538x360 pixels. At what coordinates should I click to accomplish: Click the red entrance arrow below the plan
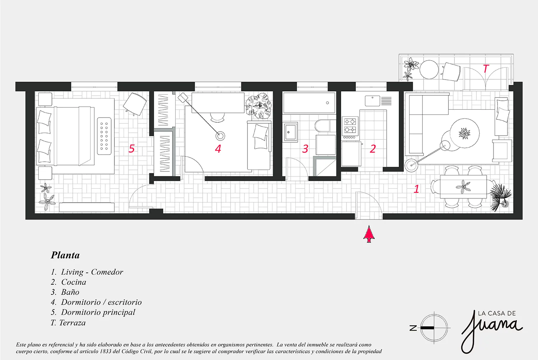tap(369, 234)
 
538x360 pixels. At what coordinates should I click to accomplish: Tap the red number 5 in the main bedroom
tap(131, 149)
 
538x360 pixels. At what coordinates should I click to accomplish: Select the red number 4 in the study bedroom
tap(218, 149)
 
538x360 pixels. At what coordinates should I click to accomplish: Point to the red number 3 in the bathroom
tap(305, 149)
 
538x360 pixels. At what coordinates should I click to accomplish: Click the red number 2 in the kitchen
tap(373, 149)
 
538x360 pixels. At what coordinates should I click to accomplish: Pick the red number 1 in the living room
tap(416, 189)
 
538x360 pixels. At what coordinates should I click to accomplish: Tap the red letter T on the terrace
tap(486, 69)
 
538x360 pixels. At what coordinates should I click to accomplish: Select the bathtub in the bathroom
tap(309, 103)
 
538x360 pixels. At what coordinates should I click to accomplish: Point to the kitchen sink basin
tap(372, 101)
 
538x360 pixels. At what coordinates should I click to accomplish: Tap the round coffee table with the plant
tap(464, 133)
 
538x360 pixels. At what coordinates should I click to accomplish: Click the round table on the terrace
tap(429, 70)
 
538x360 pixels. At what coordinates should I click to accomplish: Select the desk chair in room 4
tap(218, 117)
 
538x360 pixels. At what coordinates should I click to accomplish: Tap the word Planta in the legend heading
tap(65, 255)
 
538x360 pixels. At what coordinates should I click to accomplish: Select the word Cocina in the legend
tap(74, 282)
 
